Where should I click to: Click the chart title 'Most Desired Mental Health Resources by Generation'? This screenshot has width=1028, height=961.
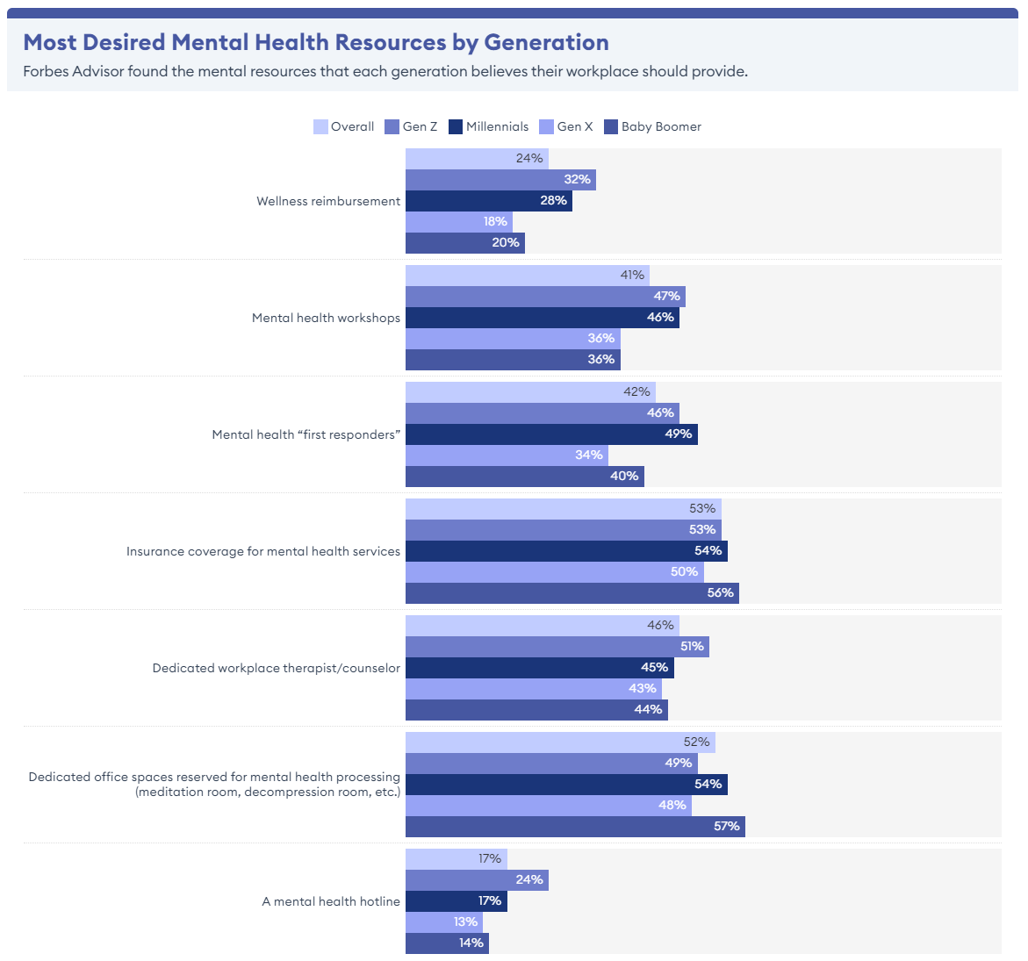click(x=316, y=42)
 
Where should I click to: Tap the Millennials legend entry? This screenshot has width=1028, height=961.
click(x=489, y=126)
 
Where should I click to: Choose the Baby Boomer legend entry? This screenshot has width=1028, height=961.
click(x=653, y=126)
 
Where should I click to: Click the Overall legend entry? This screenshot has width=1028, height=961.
click(x=344, y=126)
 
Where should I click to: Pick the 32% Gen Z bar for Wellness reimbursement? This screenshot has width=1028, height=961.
click(x=500, y=180)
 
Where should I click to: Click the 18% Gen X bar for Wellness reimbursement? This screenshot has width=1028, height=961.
click(x=458, y=222)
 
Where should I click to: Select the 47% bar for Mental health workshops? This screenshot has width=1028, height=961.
click(x=545, y=297)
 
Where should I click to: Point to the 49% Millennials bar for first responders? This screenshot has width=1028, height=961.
click(x=551, y=434)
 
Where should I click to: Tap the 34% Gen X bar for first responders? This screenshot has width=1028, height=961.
click(x=507, y=455)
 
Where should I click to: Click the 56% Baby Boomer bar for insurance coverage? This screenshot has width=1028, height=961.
click(x=572, y=593)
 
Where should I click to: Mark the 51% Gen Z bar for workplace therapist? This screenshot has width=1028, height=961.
click(x=557, y=647)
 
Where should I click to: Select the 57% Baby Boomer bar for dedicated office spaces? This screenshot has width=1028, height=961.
click(x=575, y=827)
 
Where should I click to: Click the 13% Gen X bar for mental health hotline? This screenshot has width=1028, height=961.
click(x=444, y=922)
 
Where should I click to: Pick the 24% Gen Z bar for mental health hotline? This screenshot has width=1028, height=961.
click(x=477, y=880)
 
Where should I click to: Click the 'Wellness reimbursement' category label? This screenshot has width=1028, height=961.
click(x=328, y=201)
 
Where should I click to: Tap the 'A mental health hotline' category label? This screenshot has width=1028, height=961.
click(x=331, y=901)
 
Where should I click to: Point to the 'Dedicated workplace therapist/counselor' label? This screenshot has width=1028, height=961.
click(x=277, y=668)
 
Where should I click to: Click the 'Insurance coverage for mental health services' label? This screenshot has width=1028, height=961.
click(x=263, y=551)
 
